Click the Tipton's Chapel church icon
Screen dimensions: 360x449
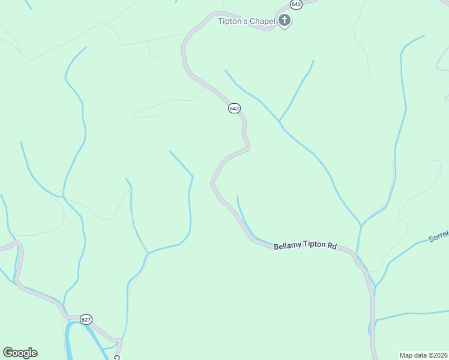tap(285, 22)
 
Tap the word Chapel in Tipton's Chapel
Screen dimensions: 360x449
tap(263, 22)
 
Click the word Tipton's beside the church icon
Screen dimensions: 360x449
tap(233, 22)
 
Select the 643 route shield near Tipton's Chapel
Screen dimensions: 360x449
tap(296, 4)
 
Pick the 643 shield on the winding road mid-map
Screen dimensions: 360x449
tap(234, 108)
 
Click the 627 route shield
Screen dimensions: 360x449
tap(85, 320)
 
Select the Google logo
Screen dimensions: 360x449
tap(20, 353)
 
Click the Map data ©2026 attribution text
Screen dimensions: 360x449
tap(424, 355)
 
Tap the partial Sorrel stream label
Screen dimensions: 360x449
tap(439, 237)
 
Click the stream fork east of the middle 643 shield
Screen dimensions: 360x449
tap(280, 121)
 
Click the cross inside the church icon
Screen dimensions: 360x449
tap(285, 22)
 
